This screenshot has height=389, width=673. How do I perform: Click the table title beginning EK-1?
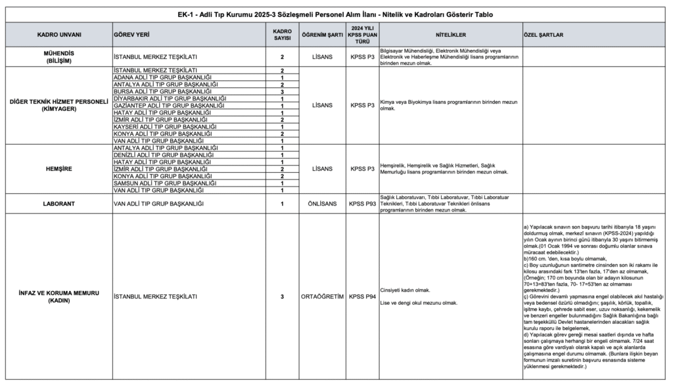pyautogui.click(x=336, y=14)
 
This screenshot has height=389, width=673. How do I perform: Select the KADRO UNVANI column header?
pyautogui.click(x=58, y=34)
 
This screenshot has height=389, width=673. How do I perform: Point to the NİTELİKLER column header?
pyautogui.click(x=450, y=34)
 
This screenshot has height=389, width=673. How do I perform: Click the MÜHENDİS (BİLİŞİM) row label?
pyautogui.click(x=58, y=57)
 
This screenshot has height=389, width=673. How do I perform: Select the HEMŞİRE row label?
pyautogui.click(x=58, y=169)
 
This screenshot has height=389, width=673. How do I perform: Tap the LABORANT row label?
pyautogui.click(x=58, y=204)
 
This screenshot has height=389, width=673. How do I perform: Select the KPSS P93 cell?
pyautogui.click(x=362, y=204)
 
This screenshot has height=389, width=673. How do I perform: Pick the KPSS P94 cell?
pyautogui.click(x=362, y=297)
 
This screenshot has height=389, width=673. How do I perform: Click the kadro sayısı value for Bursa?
pyautogui.click(x=281, y=91)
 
